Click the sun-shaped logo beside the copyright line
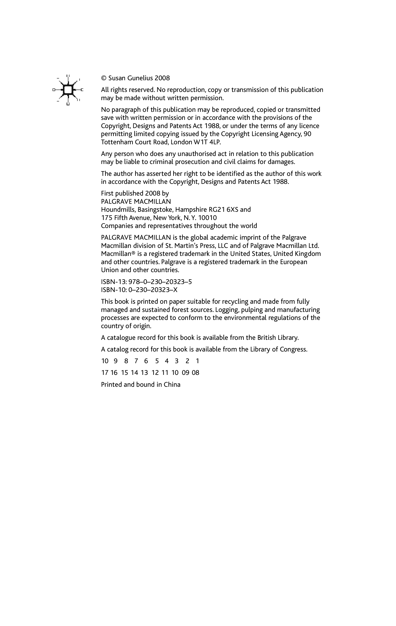point(68,90)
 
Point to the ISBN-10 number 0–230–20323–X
point(153,290)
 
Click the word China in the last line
point(172,385)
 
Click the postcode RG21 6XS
point(223,210)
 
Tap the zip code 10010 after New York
point(207,218)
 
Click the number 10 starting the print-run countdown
point(105,361)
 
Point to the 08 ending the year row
point(195,372)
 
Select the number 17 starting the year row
point(104,372)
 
